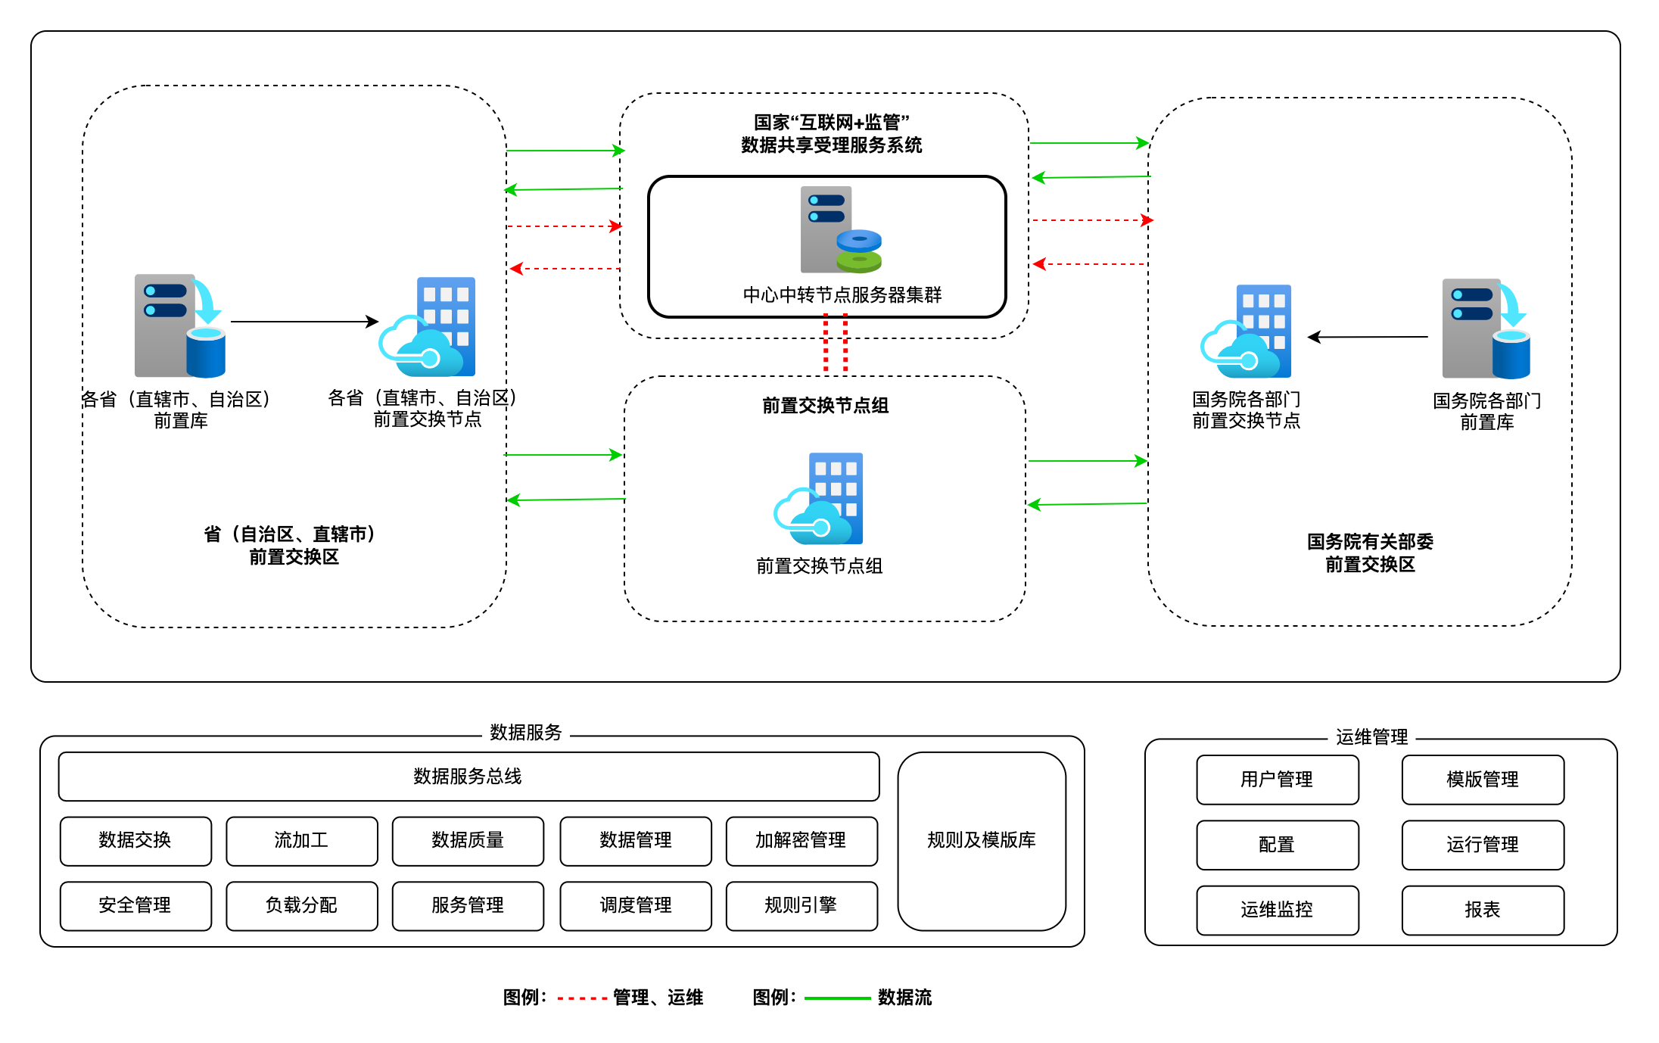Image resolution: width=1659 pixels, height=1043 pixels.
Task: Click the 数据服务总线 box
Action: click(x=468, y=777)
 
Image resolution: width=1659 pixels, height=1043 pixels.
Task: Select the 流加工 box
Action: click(x=301, y=840)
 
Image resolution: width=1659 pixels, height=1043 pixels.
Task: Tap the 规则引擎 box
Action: click(x=801, y=905)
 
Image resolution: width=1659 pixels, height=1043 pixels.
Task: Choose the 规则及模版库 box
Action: click(x=982, y=840)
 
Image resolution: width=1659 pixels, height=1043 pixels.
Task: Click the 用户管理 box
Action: click(x=1277, y=780)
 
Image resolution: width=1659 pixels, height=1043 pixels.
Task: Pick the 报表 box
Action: click(x=1482, y=910)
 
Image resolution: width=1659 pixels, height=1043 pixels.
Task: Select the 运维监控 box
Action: click(x=1277, y=910)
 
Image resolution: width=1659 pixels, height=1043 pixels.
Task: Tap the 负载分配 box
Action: click(x=301, y=905)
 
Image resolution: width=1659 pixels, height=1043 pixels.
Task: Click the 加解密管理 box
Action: click(x=801, y=840)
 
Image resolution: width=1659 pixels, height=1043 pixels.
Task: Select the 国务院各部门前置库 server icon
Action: click(x=1485, y=328)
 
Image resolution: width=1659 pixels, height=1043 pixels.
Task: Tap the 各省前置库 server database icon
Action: click(x=180, y=325)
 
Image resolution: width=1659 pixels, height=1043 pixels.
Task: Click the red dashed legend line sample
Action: click(x=582, y=999)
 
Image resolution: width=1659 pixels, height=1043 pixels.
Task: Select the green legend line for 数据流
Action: click(x=837, y=999)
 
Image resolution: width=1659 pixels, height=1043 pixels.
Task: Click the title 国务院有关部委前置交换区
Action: click(x=1370, y=553)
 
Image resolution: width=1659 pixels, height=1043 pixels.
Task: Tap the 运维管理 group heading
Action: click(x=1371, y=737)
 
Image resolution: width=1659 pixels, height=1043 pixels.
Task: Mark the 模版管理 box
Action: click(x=1482, y=780)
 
